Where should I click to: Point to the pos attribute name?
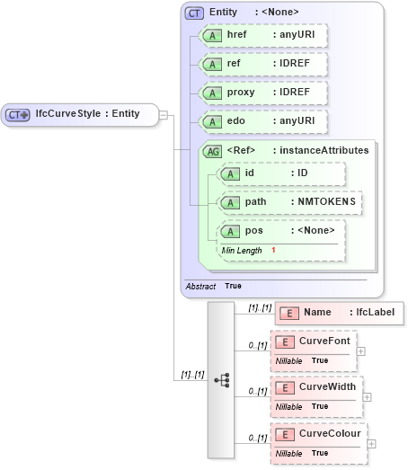pyautogui.click(x=254, y=231)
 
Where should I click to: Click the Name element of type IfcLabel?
pyautogui.click(x=340, y=313)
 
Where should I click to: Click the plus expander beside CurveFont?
pyautogui.click(x=360, y=351)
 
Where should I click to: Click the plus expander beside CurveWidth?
pyautogui.click(x=367, y=397)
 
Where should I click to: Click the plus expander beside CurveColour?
pyautogui.click(x=371, y=443)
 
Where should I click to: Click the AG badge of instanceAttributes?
pyautogui.click(x=214, y=151)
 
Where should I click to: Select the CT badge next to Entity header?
pyautogui.click(x=193, y=13)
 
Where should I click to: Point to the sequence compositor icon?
pyautogui.click(x=221, y=380)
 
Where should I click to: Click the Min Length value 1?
pyautogui.click(x=273, y=249)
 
